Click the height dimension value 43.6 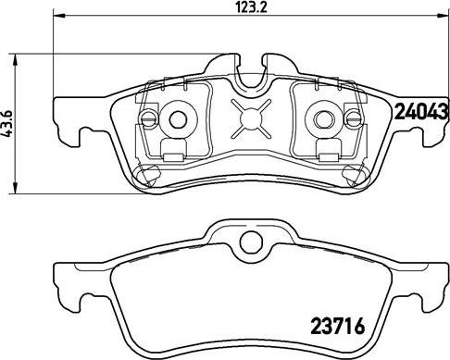[9, 120]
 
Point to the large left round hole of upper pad [177, 118]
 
